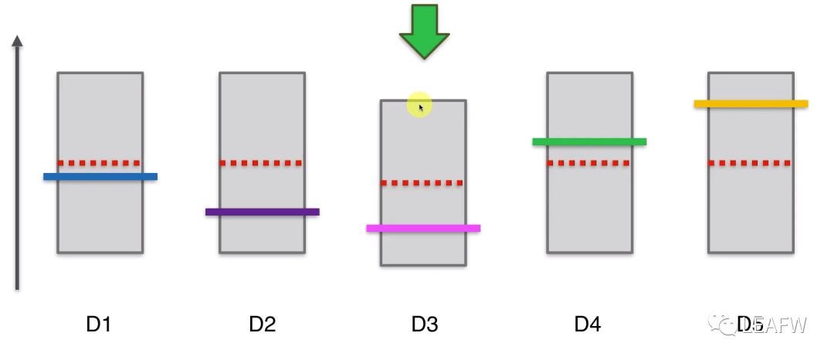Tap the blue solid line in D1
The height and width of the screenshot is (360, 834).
[x=100, y=177]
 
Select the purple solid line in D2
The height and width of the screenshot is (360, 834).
[x=263, y=212]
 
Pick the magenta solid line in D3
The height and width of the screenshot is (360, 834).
[x=423, y=229]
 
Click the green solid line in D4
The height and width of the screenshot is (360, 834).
[x=589, y=142]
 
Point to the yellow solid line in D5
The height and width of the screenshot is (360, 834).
[x=751, y=104]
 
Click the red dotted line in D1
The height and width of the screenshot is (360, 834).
[x=100, y=163]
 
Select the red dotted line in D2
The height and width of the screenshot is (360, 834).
[x=262, y=163]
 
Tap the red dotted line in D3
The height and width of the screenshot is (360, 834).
[x=423, y=183]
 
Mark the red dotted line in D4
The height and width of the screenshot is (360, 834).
[x=589, y=163]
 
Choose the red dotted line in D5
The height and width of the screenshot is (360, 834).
[x=751, y=163]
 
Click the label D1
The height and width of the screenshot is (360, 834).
[x=99, y=324]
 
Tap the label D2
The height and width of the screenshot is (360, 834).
[x=263, y=324]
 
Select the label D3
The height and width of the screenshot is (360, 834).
[x=425, y=324]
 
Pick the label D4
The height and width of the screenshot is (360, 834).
[x=588, y=324]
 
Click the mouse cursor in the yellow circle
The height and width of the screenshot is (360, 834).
[x=421, y=107]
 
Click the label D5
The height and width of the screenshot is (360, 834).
[x=749, y=324]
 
